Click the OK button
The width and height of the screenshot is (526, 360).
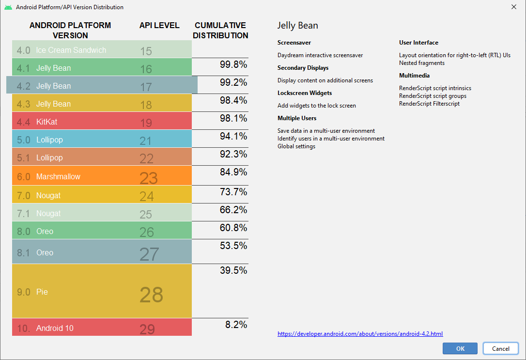point(460,348)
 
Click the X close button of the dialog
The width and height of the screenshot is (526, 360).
point(513,7)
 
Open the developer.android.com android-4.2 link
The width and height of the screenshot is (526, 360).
point(360,334)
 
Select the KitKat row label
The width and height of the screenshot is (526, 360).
point(46,122)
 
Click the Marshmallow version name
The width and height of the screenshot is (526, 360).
point(58,177)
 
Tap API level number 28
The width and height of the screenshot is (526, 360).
point(151,295)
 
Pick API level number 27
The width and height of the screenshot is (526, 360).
point(149,253)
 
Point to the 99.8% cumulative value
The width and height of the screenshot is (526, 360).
point(233,64)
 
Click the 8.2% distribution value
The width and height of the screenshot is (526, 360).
point(236,325)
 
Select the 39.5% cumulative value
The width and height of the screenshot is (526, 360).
point(233,270)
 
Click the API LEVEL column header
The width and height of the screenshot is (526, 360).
point(159,25)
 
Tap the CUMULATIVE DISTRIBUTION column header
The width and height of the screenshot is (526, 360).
point(221,30)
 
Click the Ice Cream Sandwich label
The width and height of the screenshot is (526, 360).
point(71,50)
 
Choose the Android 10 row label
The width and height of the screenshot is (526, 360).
point(55,329)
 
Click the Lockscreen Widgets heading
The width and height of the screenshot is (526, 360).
point(304,93)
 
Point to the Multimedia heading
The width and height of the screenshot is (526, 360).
point(414,76)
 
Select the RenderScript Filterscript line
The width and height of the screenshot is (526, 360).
point(429,104)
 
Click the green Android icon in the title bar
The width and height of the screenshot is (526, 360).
point(8,7)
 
